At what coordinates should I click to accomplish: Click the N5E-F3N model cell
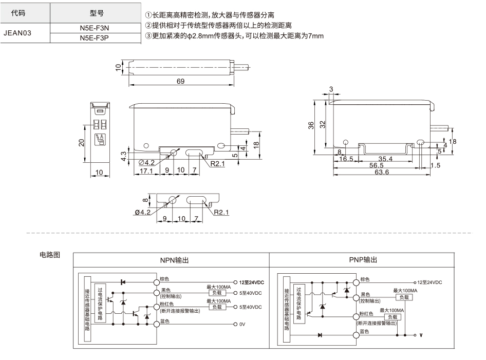[95, 28]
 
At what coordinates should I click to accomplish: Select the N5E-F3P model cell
[95, 38]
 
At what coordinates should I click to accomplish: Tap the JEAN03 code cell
[17, 33]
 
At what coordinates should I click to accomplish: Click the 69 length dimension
[181, 81]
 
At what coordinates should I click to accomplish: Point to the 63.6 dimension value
[382, 172]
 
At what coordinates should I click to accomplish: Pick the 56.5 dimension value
[376, 165]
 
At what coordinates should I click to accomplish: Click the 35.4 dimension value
[385, 159]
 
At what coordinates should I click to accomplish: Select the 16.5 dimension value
[346, 159]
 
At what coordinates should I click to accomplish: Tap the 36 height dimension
[311, 125]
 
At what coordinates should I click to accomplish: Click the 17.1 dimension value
[146, 170]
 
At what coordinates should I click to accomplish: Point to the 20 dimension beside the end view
[81, 143]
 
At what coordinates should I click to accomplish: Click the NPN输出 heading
[175, 260]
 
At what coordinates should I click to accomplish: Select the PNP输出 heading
[363, 260]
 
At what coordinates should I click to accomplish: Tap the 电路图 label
[50, 255]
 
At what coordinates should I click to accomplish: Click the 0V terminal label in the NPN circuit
[242, 325]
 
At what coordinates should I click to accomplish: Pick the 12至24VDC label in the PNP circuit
[429, 282]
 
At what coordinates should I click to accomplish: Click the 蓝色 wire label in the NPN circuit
[165, 321]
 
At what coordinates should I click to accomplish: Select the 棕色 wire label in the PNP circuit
[365, 279]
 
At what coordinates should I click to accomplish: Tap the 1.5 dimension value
[436, 165]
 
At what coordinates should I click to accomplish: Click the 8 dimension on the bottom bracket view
[145, 200]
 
